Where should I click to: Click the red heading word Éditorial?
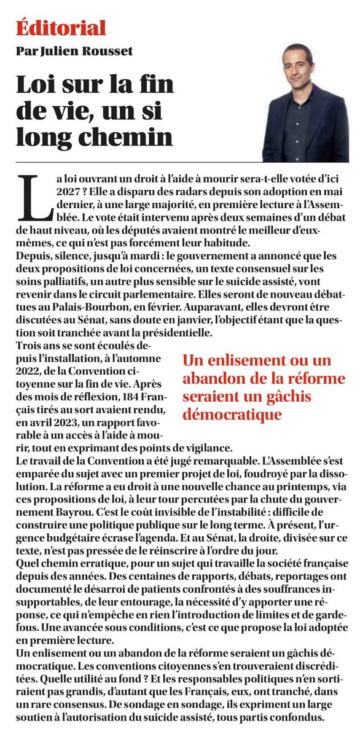click(61, 28)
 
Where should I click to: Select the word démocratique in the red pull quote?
click(232, 415)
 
